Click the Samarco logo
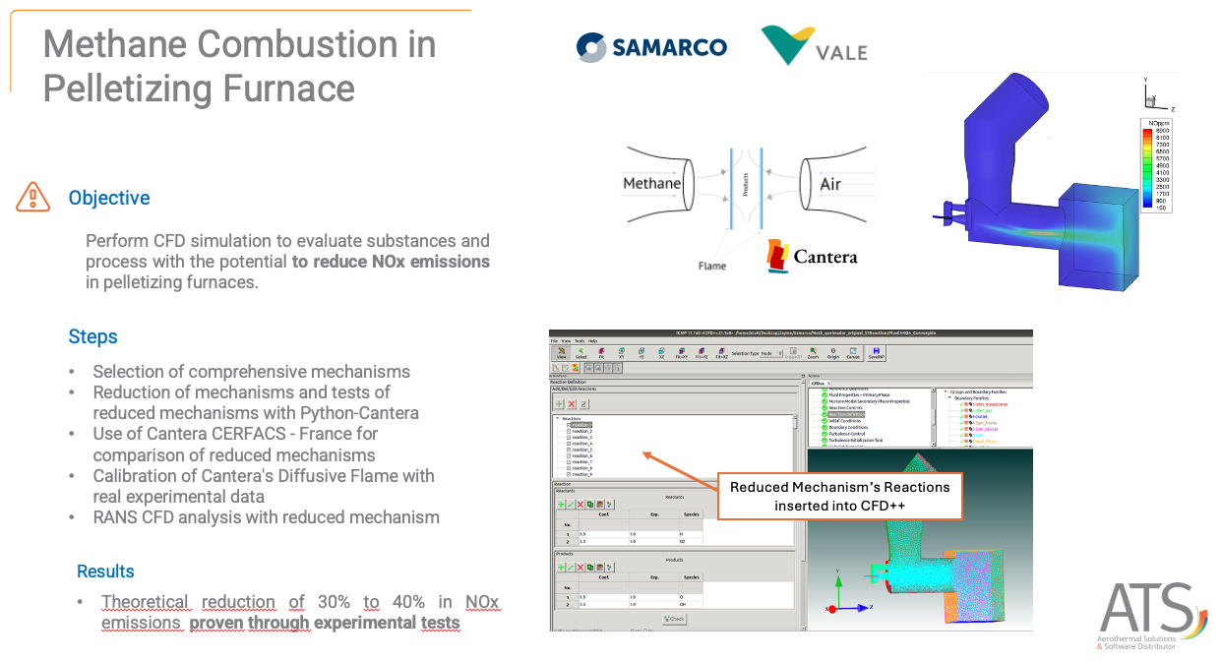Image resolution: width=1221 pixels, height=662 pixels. click(651, 46)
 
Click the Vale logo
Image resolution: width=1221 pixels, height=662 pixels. click(813, 46)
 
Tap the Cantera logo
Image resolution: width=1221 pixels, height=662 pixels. click(812, 257)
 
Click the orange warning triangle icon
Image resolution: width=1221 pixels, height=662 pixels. click(32, 197)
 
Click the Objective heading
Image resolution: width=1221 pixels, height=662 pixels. click(109, 198)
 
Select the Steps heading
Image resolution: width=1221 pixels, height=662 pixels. click(92, 336)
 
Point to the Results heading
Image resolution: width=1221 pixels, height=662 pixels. click(105, 572)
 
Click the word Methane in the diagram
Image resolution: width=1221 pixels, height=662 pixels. click(651, 184)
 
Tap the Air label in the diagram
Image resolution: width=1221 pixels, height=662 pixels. click(830, 184)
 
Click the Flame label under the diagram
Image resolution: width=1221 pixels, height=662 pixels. click(712, 266)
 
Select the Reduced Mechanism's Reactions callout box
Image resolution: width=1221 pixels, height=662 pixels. click(839, 496)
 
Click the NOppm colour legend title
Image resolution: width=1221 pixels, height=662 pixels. click(1154, 123)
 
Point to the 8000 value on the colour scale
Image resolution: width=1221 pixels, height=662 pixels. click(1161, 131)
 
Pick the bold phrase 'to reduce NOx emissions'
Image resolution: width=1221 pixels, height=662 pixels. click(391, 262)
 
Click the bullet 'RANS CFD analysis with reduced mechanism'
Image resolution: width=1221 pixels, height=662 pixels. click(266, 516)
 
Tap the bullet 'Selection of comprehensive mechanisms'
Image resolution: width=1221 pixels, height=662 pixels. click(251, 371)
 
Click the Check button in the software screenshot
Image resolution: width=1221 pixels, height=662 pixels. click(675, 619)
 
